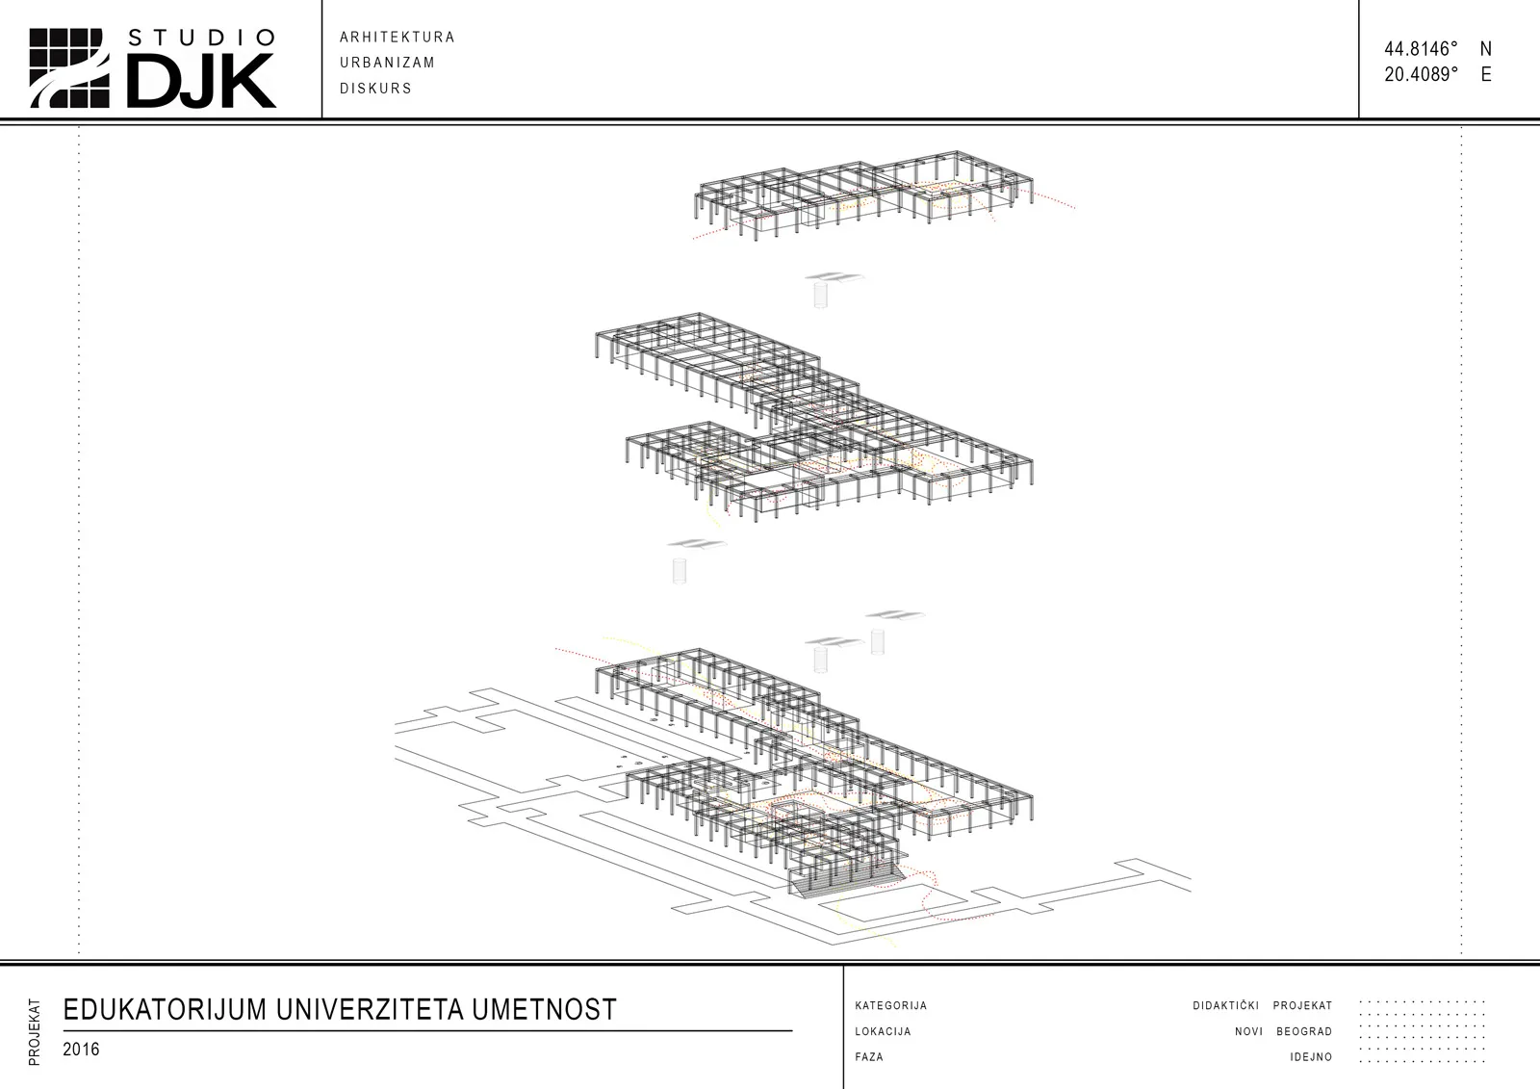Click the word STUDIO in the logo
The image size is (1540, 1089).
point(201,38)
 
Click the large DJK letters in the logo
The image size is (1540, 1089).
point(201,81)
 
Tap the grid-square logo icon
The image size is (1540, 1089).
point(69,68)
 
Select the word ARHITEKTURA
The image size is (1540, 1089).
point(397,38)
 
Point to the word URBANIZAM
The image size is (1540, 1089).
point(387,63)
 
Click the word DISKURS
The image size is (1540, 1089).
point(375,88)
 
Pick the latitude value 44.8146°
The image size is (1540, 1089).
point(1421,49)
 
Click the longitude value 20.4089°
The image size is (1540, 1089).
point(1421,74)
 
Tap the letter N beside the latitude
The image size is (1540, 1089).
point(1486,49)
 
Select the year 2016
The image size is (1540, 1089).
point(81,1050)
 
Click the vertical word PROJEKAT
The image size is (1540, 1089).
point(35,1032)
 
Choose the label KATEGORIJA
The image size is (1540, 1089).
point(891,1006)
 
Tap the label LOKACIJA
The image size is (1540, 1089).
point(883,1031)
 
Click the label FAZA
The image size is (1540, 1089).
point(869,1056)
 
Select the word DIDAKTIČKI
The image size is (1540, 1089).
point(1226,1006)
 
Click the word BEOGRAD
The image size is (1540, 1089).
point(1304,1031)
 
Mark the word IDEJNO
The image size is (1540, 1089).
point(1311,1056)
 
